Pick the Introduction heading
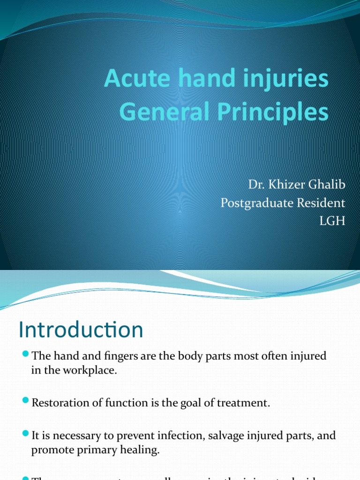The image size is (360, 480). (81, 330)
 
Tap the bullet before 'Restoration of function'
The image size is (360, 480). (26, 403)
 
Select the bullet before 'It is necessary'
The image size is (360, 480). (26, 435)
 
